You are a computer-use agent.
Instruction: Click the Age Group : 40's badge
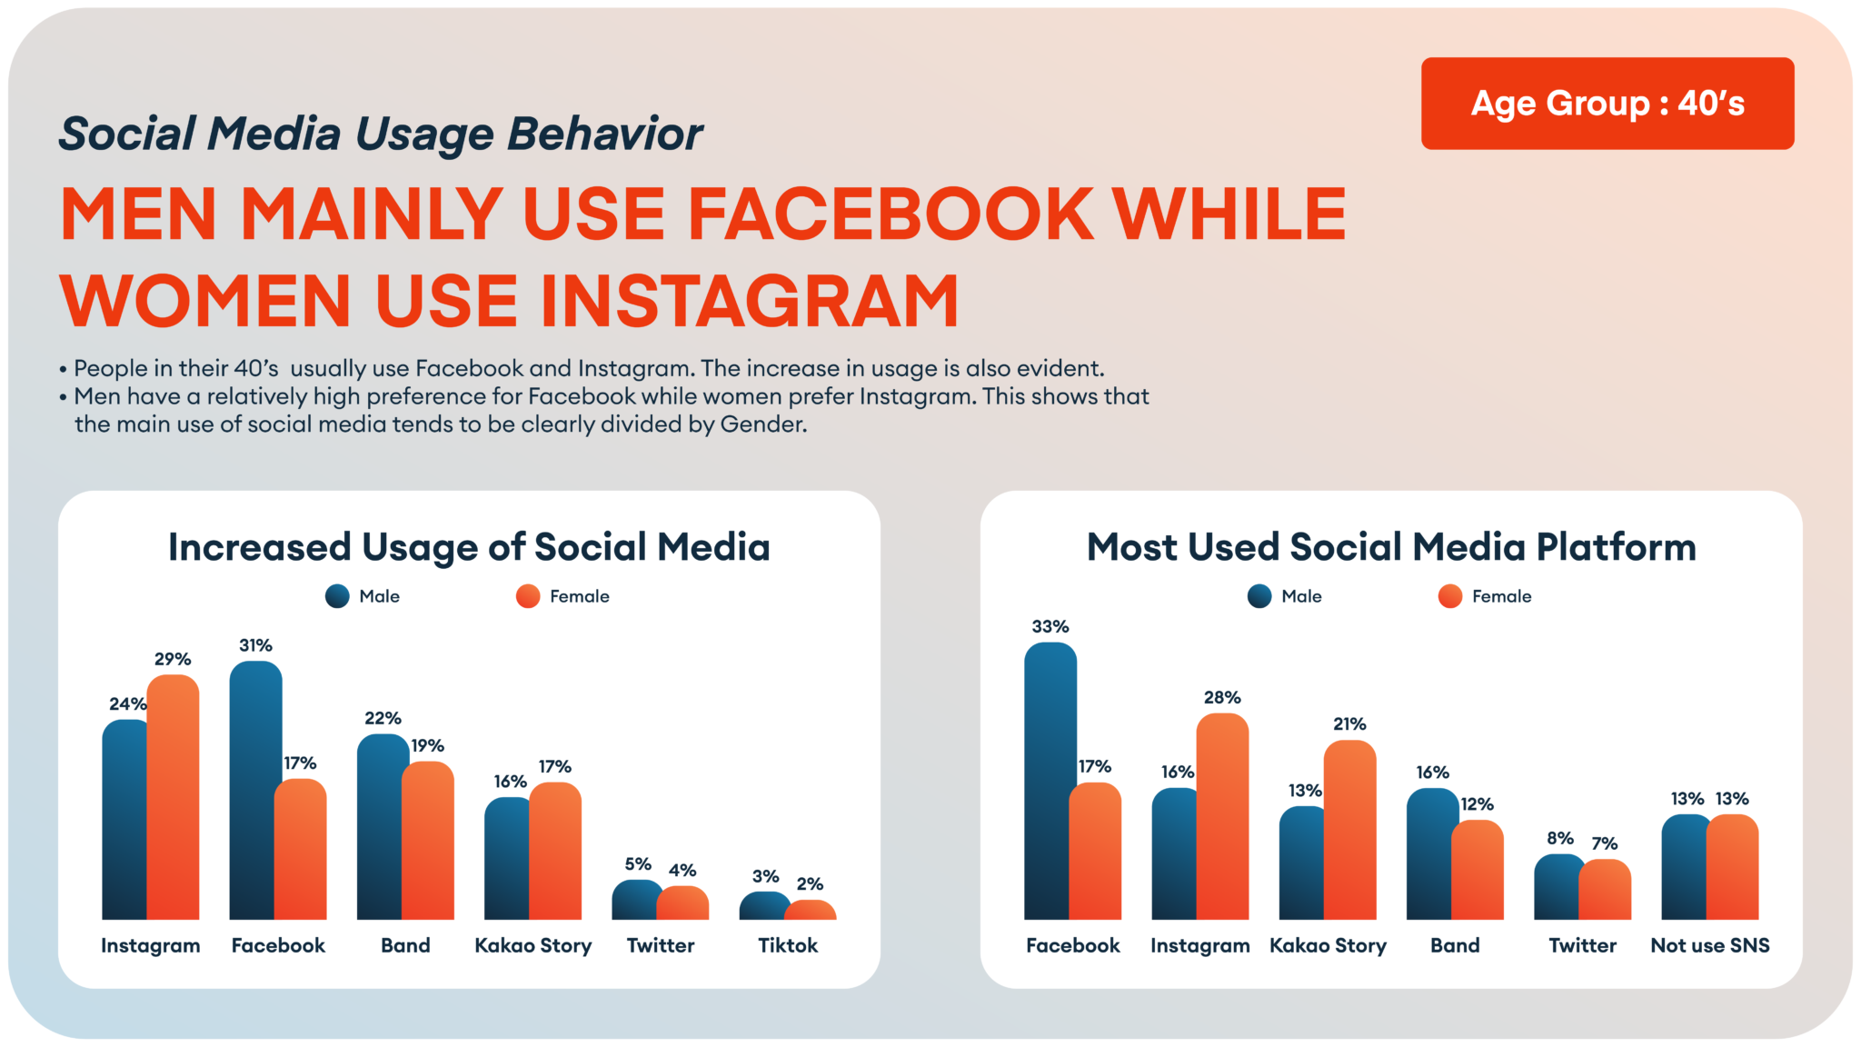(1607, 104)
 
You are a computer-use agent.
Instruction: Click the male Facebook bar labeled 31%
(254, 791)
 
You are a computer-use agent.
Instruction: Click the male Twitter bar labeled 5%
(636, 900)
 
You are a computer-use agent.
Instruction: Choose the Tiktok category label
(788, 945)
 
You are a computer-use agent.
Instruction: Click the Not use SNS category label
(1710, 945)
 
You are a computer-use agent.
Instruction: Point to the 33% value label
(1050, 626)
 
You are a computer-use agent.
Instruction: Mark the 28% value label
(1222, 697)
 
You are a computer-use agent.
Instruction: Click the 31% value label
(255, 645)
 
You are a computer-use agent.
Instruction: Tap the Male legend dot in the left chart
(337, 596)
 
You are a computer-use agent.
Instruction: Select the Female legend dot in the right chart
(1450, 596)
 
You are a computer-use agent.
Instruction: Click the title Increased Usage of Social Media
(469, 547)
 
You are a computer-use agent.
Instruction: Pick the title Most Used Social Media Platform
(1391, 547)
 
